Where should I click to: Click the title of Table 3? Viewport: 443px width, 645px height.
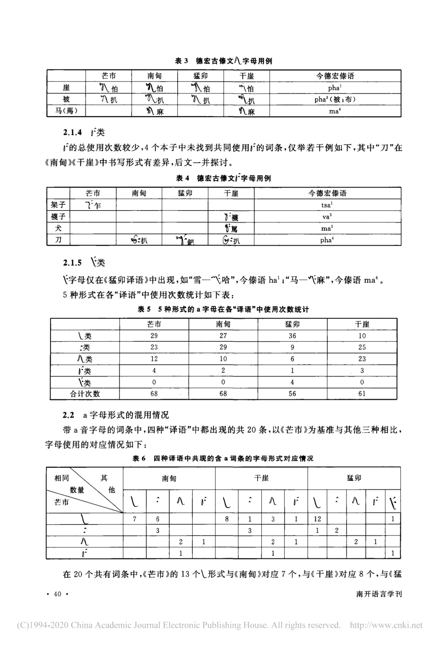point(224,61)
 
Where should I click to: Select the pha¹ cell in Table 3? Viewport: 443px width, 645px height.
point(335,88)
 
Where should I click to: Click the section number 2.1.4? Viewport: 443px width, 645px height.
point(72,132)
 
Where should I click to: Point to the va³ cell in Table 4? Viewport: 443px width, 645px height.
point(327,217)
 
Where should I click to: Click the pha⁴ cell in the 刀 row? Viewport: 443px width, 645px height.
point(327,240)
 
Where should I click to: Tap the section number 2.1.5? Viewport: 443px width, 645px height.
point(72,263)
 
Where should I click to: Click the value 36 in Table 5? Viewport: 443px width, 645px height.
point(292,336)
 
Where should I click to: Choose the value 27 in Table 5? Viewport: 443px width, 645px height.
point(223,336)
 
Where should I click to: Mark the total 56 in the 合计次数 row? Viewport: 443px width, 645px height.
point(292,394)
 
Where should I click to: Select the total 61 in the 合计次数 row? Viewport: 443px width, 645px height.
point(362,394)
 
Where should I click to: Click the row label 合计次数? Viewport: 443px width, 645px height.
point(85,394)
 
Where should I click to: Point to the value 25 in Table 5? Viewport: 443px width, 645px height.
point(362,347)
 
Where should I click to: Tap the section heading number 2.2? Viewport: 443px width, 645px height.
point(68,415)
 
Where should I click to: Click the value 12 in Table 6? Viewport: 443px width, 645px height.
point(317,519)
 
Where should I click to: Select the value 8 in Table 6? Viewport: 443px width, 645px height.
point(227,519)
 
